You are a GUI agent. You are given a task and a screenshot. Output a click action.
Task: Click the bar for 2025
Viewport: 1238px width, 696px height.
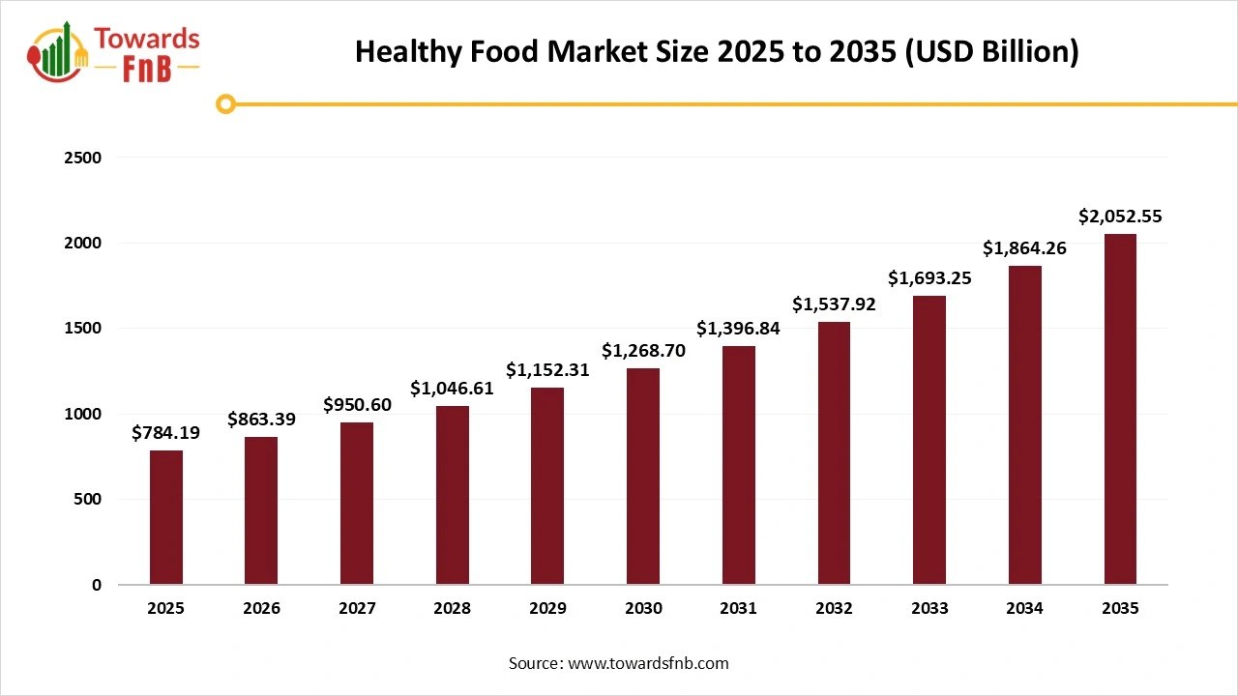pos(166,517)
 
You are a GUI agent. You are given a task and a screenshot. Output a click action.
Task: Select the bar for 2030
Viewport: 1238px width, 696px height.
pos(643,476)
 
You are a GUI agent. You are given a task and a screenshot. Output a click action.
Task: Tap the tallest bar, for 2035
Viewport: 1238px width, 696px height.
pos(1120,409)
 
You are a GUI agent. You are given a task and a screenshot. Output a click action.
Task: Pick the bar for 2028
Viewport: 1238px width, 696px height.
pos(453,495)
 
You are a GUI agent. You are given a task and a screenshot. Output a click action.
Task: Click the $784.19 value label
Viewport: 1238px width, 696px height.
pos(166,433)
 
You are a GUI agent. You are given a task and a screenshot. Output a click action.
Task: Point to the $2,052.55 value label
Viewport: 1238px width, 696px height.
pos(1120,217)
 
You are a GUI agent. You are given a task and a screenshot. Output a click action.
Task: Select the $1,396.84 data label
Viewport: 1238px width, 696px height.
pos(738,329)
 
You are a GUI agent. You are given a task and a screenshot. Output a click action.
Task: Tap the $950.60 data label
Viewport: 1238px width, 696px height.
pos(357,405)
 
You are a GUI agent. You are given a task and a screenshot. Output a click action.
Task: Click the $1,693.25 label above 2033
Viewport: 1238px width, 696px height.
pos(929,278)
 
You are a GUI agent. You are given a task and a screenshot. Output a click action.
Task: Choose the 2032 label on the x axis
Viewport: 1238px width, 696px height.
pos(834,609)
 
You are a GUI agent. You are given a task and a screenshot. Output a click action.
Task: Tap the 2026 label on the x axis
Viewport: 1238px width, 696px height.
pos(261,609)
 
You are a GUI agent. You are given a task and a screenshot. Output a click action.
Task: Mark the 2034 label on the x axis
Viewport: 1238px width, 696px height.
pos(1024,609)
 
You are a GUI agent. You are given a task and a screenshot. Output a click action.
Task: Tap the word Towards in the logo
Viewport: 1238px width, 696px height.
pos(147,39)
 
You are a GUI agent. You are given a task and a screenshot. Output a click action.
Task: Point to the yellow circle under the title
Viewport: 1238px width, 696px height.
pos(225,103)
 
